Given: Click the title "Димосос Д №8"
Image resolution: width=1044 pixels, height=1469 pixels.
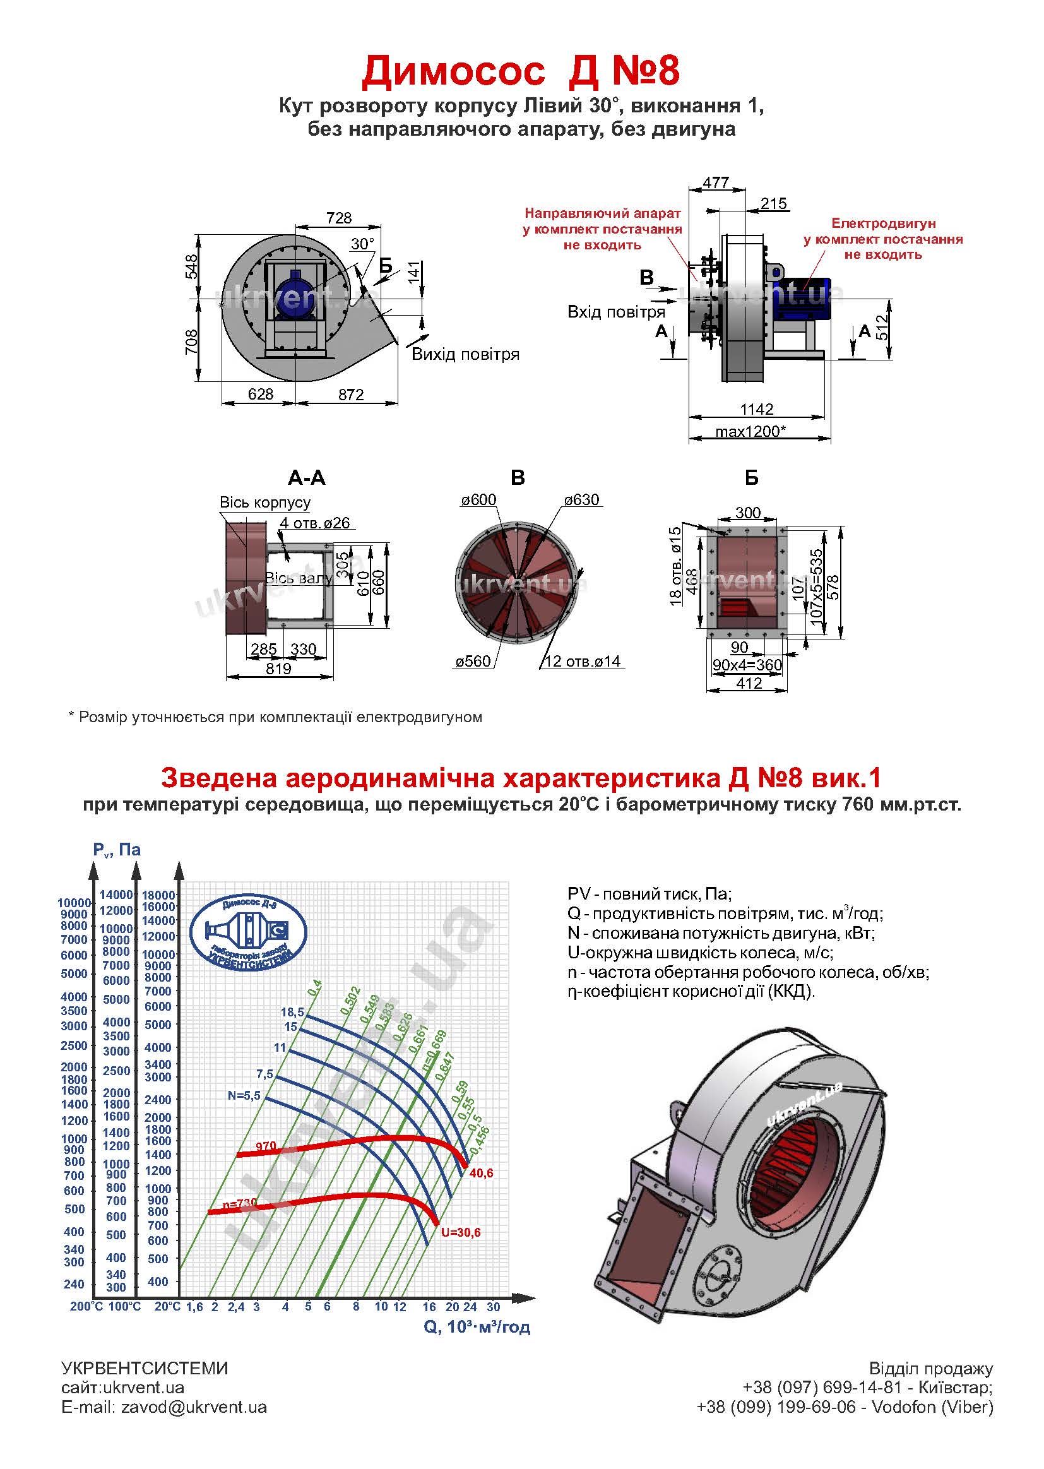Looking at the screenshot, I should (521, 70).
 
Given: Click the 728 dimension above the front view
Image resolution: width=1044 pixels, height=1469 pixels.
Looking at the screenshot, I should (339, 218).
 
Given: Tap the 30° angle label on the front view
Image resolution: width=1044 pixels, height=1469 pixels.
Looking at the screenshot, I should (362, 244).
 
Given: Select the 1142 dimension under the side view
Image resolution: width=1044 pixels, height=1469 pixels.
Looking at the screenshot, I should (757, 409).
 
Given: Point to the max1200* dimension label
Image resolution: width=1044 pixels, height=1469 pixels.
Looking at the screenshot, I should (751, 431).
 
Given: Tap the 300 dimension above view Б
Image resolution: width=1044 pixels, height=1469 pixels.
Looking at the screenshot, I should (747, 513).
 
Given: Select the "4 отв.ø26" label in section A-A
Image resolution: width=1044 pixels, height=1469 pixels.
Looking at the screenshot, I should (315, 523).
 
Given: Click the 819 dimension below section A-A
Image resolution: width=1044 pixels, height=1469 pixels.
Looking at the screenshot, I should (278, 669).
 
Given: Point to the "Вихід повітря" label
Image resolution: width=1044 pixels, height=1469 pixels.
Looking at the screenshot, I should (465, 354).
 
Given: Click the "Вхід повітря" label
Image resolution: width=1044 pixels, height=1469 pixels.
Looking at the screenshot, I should (616, 312).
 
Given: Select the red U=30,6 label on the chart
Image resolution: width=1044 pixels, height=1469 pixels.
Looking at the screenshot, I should (461, 1232).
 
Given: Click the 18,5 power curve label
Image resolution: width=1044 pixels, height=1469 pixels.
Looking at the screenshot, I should (292, 1012).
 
